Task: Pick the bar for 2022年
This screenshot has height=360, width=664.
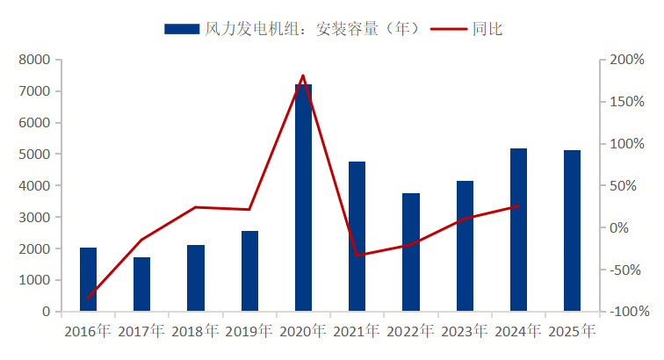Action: tap(411, 252)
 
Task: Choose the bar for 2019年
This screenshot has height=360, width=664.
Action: tap(249, 270)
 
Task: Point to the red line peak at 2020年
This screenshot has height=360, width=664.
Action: tap(303, 76)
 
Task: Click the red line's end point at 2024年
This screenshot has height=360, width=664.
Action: tap(518, 206)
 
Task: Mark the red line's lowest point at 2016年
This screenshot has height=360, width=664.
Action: tap(88, 299)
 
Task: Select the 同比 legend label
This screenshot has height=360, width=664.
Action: tap(487, 28)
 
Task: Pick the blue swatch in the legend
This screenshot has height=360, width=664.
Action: tap(181, 29)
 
